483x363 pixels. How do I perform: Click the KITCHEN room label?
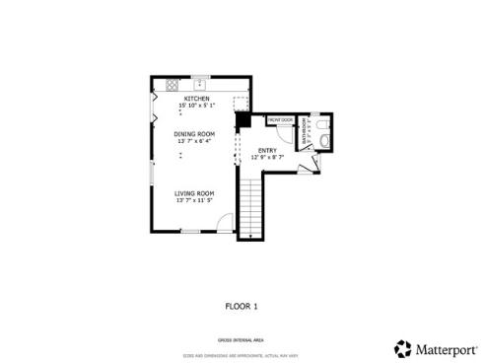tap(195, 99)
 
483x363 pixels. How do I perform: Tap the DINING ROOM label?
tap(194, 133)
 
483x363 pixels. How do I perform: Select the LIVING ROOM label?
tap(194, 193)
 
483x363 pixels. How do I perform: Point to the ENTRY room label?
tap(267, 150)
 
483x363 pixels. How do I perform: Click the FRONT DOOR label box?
tap(281, 120)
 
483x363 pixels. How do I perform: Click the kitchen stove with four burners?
tap(172, 85)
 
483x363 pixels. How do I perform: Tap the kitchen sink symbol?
tap(198, 84)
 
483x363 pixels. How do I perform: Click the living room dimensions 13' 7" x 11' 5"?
tap(194, 201)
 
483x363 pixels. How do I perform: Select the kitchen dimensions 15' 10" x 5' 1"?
tap(195, 106)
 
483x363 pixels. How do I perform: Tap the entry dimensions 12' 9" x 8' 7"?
tap(267, 157)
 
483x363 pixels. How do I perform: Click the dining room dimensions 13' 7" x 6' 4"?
tap(194, 141)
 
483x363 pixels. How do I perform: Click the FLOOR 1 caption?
tap(241, 306)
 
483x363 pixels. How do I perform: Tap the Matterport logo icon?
tap(402, 348)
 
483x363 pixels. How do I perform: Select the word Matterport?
tap(443, 348)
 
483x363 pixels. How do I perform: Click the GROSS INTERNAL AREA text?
tap(241, 338)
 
